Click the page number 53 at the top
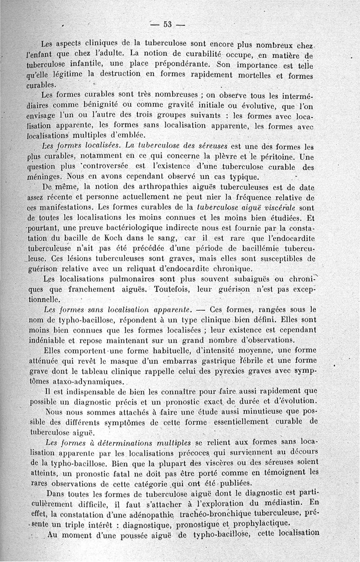(x=167, y=25)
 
